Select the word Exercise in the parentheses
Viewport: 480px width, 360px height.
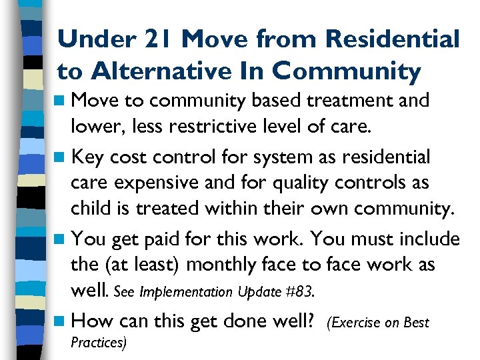[x=357, y=323]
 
